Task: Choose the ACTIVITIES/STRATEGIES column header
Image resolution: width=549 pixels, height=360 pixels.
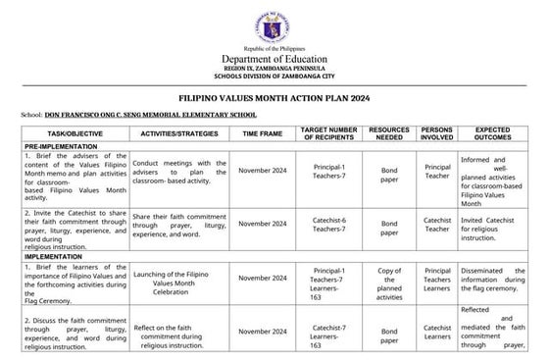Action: (x=178, y=132)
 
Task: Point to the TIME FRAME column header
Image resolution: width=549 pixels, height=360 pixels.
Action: (x=262, y=132)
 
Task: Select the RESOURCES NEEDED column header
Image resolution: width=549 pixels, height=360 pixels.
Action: (x=388, y=132)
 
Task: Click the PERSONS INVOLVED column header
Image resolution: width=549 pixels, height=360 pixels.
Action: (x=437, y=132)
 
